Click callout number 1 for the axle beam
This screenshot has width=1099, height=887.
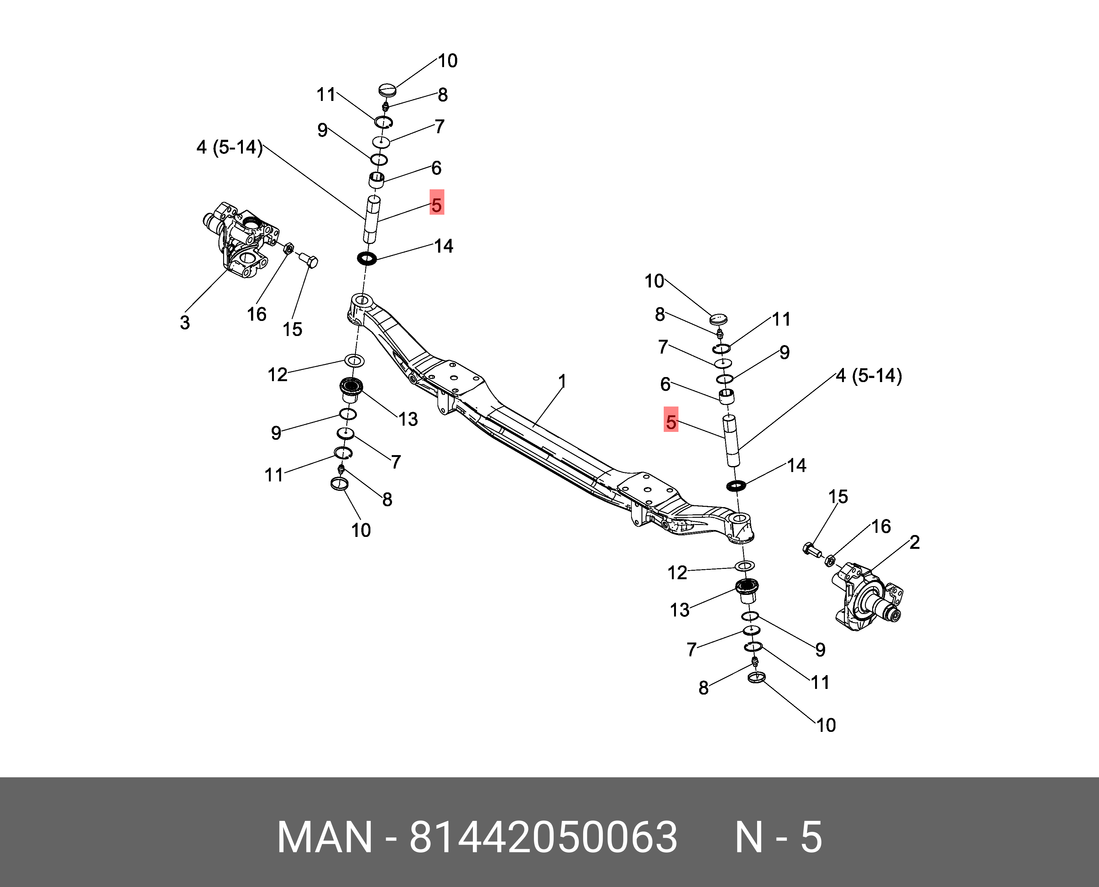(x=562, y=381)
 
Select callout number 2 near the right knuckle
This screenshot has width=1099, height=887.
(x=914, y=542)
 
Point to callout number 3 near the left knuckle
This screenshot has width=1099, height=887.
(x=185, y=323)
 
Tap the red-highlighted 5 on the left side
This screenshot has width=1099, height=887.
(x=436, y=205)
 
